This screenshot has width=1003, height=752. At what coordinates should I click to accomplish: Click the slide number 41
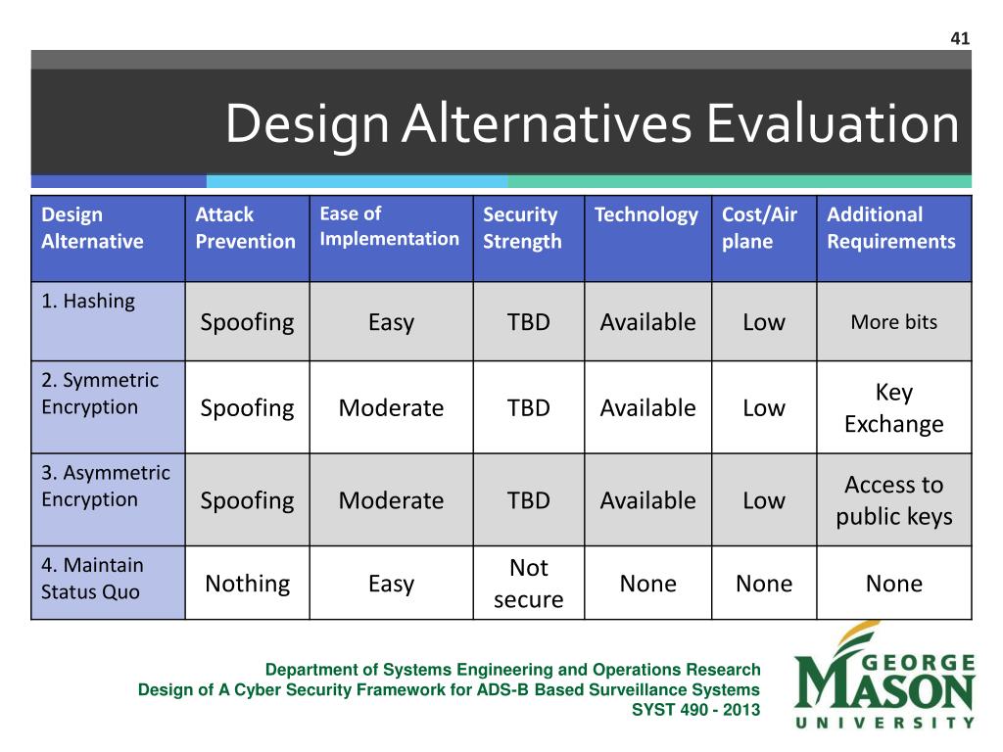click(960, 38)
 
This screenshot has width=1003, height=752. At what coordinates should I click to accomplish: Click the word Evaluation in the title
click(833, 123)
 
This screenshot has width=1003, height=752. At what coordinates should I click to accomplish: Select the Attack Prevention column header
click(246, 227)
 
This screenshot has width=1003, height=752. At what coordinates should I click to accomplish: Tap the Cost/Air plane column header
click(759, 227)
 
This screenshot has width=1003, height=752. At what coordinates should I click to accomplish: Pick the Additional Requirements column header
click(891, 227)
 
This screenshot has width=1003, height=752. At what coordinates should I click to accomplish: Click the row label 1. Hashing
click(88, 302)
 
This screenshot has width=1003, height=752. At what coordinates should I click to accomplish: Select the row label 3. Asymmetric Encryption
click(106, 486)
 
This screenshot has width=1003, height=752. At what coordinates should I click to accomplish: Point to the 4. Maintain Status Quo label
click(92, 578)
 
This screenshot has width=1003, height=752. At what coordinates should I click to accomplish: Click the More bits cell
click(893, 321)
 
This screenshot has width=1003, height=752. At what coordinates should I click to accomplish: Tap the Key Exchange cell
click(893, 407)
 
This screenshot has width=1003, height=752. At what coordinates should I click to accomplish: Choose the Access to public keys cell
click(893, 500)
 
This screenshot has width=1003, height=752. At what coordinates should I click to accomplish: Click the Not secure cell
click(528, 584)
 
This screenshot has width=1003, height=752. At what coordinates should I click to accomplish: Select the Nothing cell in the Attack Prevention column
click(248, 584)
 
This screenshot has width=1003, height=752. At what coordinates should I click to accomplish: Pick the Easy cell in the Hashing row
click(391, 322)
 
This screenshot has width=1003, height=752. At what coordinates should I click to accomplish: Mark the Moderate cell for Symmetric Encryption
click(391, 408)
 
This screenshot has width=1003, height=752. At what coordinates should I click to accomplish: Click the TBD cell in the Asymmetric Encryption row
click(528, 500)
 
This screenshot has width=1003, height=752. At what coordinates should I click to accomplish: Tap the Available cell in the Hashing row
click(647, 321)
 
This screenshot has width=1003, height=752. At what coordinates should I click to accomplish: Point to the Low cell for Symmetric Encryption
click(764, 408)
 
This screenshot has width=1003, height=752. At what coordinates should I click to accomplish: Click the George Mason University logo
click(884, 676)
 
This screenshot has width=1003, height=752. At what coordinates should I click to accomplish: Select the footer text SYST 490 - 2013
click(696, 710)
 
